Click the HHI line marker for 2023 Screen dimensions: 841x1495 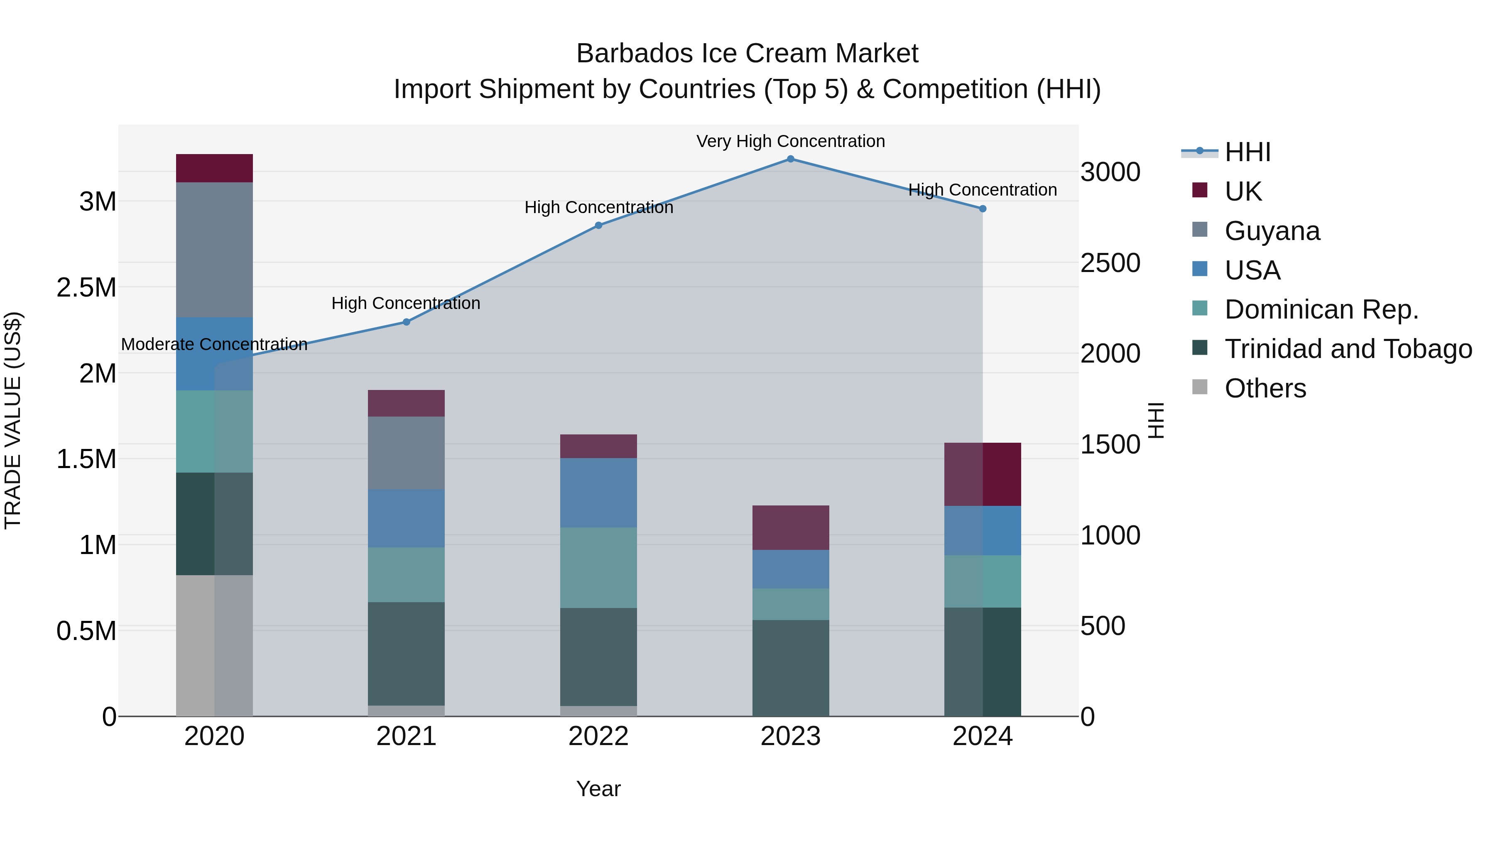790,159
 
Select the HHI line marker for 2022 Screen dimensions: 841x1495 598,225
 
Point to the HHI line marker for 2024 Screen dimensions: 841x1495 983,208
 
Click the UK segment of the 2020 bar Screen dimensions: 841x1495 214,168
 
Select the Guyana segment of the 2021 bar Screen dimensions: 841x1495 406,453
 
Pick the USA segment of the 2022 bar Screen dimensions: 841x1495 598,492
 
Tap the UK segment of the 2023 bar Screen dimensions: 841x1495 790,527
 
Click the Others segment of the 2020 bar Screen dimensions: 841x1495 214,645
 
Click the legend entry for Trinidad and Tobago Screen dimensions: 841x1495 1348,349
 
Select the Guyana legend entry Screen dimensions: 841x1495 1272,230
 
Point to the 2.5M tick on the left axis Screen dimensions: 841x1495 86,287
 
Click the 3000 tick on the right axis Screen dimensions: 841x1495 1110,172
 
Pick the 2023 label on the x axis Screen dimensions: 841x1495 790,736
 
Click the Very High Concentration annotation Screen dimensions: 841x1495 790,141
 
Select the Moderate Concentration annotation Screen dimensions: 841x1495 214,344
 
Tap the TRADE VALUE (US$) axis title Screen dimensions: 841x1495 13,420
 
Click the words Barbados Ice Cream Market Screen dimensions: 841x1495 747,54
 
